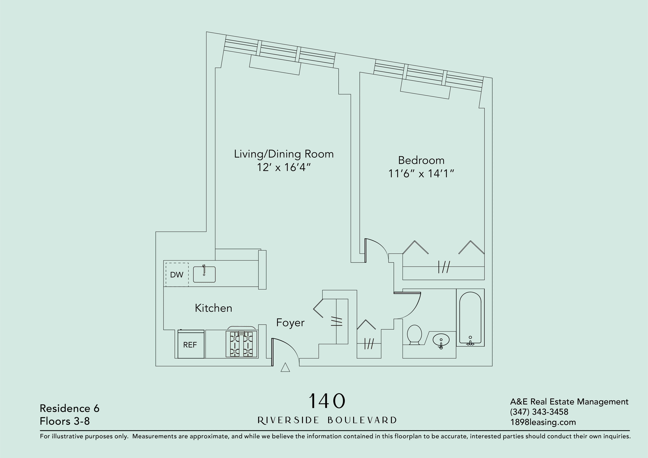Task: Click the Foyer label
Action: pyautogui.click(x=290, y=322)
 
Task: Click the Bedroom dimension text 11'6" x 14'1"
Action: pyautogui.click(x=421, y=174)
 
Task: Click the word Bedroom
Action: pyautogui.click(x=421, y=160)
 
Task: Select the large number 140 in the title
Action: pyautogui.click(x=327, y=401)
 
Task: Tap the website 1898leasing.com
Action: pyautogui.click(x=543, y=422)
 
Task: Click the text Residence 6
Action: pyautogui.click(x=70, y=408)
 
